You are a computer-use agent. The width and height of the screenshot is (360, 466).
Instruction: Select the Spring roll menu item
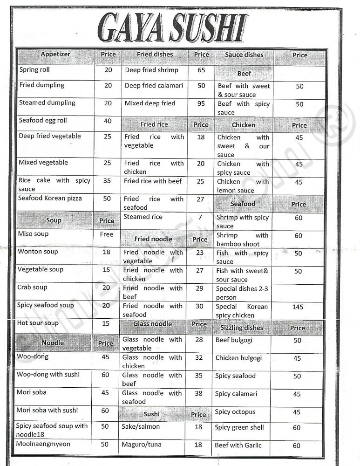pyautogui.click(x=34, y=70)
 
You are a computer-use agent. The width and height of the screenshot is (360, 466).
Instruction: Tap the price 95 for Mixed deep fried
pyautogui.click(x=201, y=103)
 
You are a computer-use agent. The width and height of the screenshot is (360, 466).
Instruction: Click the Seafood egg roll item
pyautogui.click(x=43, y=121)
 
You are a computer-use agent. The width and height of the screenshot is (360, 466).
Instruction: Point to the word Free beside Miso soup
pyautogui.click(x=107, y=234)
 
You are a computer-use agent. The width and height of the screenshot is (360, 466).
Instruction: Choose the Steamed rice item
pyautogui.click(x=143, y=217)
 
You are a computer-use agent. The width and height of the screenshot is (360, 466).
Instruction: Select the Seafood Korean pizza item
pyautogui.click(x=50, y=199)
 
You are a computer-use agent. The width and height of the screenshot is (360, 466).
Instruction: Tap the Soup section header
pyautogui.click(x=54, y=220)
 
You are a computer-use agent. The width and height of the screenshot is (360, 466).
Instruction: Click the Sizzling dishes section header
pyautogui.click(x=242, y=328)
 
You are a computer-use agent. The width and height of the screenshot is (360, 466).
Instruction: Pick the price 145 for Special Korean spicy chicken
pyautogui.click(x=298, y=307)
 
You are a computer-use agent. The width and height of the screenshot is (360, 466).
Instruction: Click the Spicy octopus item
pyautogui.click(x=235, y=412)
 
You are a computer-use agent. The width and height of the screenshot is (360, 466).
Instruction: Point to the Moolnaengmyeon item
pyautogui.click(x=43, y=445)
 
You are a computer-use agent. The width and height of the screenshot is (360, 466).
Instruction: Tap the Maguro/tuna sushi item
pyautogui.click(x=142, y=445)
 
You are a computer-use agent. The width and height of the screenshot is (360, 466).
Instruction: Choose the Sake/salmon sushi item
pyautogui.click(x=141, y=427)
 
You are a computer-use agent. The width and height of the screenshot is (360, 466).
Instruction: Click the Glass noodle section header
pyautogui.click(x=152, y=324)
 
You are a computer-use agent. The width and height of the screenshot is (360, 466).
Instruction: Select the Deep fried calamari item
pyautogui.click(x=154, y=86)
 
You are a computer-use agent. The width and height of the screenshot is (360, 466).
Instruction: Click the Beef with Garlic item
pyautogui.click(x=238, y=445)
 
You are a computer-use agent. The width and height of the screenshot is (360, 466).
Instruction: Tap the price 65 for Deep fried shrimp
pyautogui.click(x=201, y=70)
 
